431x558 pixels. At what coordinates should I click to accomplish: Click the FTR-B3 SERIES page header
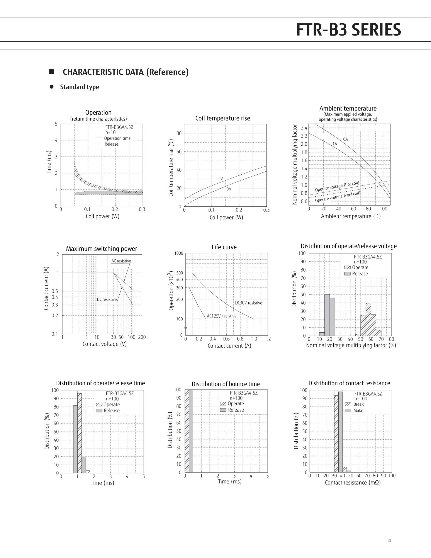(348, 30)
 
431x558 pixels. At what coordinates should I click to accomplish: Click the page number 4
(389, 540)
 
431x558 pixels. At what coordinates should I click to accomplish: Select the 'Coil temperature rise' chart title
(222, 118)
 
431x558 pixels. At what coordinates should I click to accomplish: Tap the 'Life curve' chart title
(224, 247)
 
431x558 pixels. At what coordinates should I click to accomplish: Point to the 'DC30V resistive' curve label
(248, 303)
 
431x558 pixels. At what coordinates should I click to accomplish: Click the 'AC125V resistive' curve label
(222, 316)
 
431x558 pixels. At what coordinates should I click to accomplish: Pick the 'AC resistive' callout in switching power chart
(121, 261)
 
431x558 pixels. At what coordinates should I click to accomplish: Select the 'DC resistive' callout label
(107, 299)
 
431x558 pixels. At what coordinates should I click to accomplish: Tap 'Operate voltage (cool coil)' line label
(338, 197)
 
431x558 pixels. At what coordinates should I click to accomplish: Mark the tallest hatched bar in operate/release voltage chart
(368, 319)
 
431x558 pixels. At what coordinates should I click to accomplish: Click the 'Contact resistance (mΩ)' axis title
(353, 482)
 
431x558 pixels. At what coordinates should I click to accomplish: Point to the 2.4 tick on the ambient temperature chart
(304, 128)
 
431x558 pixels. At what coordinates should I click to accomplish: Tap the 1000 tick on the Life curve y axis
(179, 253)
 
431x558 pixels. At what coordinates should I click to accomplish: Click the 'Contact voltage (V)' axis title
(105, 344)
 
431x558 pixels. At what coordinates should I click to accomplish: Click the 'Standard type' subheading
(80, 87)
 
